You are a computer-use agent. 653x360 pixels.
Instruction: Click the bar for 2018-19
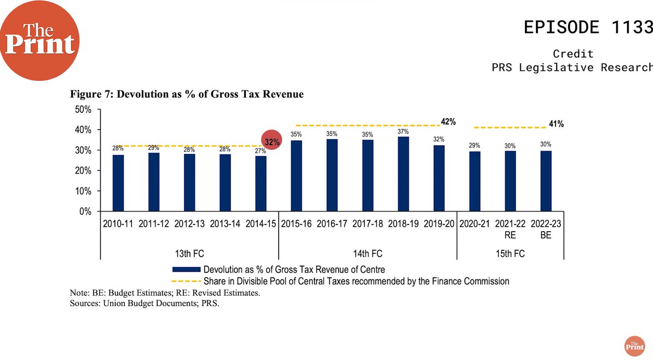coord(403,174)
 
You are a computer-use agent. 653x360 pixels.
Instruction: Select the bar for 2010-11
coord(118,183)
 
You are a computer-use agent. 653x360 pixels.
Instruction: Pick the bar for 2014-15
coord(261,184)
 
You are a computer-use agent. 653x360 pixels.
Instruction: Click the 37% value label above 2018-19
coord(403,132)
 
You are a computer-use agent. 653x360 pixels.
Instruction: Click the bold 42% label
coord(448,121)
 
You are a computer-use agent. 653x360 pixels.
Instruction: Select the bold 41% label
coord(556,124)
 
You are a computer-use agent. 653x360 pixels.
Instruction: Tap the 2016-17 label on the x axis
coord(332,224)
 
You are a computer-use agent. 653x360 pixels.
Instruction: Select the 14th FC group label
coord(367,253)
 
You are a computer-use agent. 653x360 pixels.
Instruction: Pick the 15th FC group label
coord(510,253)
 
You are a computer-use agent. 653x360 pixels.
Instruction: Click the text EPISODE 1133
coord(588,27)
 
